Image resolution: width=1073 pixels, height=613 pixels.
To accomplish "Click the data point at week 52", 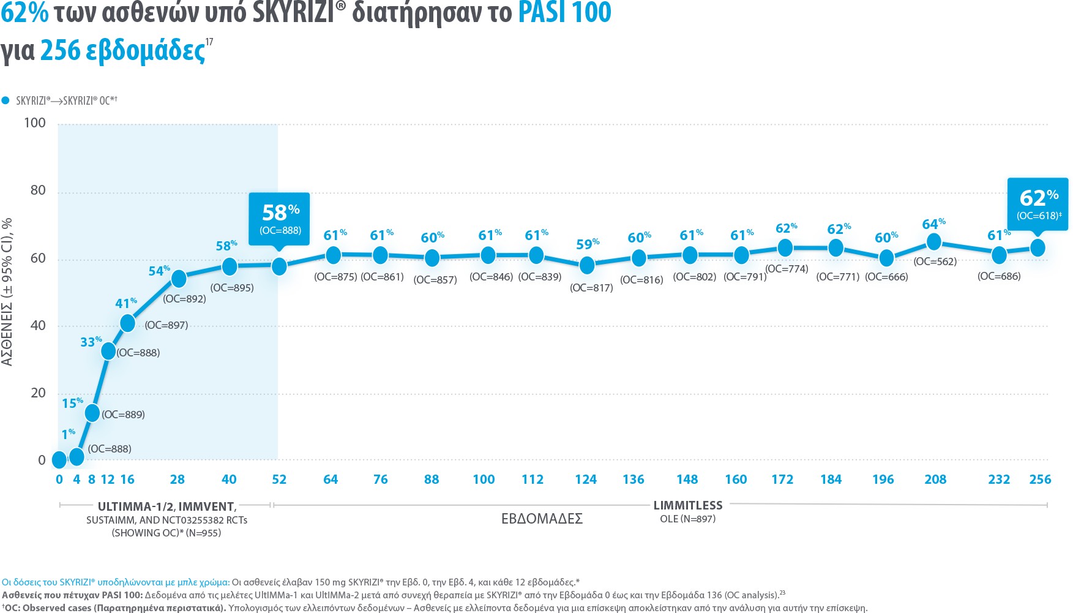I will (x=279, y=266).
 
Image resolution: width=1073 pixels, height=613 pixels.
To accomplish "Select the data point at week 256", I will (x=1037, y=247).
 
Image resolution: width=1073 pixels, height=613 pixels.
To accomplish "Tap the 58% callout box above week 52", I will (x=280, y=219).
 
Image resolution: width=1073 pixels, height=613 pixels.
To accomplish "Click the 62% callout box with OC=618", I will (x=1038, y=203).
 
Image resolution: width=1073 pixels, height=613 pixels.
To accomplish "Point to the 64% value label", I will (x=933, y=224).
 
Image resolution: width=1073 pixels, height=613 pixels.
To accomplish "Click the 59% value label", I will (x=587, y=244).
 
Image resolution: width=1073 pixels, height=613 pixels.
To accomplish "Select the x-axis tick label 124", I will (x=586, y=479).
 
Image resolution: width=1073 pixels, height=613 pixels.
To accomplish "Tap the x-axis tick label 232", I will (x=999, y=479).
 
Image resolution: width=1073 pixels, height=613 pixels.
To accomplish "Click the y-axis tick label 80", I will (x=38, y=190).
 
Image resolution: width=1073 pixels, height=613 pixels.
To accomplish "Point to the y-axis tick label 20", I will (x=38, y=393).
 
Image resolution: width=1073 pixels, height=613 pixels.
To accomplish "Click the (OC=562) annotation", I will (x=935, y=261).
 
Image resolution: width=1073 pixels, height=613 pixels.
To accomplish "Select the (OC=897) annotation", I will (x=166, y=325).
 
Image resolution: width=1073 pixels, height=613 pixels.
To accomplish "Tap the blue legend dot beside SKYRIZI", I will (x=6, y=100).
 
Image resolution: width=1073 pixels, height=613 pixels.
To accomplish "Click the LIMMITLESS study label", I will (x=688, y=505).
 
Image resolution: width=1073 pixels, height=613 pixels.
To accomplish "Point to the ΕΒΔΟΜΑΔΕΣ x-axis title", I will (x=542, y=519).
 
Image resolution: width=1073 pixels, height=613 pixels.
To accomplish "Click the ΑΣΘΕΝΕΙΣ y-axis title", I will (x=7, y=291).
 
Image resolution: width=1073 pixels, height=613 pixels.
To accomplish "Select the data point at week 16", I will (x=127, y=323).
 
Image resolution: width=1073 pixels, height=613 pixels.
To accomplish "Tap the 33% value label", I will (x=91, y=342).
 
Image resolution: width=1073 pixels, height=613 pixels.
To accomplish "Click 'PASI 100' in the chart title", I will (x=564, y=13).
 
